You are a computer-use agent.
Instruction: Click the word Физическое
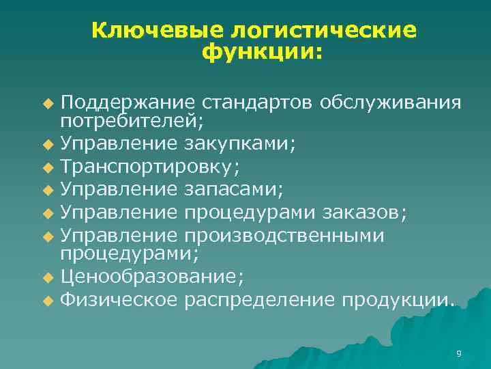[x=119, y=299]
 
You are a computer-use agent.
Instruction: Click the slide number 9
[x=458, y=353]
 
